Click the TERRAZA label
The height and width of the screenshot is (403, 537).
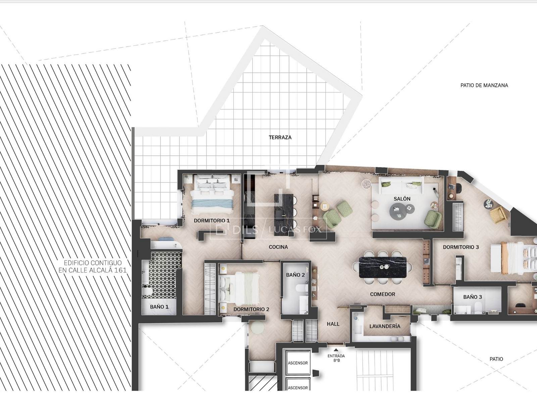point(280,137)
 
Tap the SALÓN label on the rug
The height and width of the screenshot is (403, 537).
point(402,199)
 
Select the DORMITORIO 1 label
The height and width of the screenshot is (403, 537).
point(212,221)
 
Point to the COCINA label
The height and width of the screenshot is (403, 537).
point(278,247)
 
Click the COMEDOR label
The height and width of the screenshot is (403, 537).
point(382,295)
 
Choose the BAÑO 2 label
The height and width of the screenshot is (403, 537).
point(295,275)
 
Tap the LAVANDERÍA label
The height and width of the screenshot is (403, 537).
point(385,326)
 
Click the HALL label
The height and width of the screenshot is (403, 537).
point(333,324)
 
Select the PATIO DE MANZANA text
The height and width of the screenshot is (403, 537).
point(484,85)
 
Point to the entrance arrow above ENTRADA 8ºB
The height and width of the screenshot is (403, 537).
point(336,350)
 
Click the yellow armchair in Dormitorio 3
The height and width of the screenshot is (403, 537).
point(497,215)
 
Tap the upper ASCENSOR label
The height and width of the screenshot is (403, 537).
point(298,363)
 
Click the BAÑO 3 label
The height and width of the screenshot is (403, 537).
point(473,297)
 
